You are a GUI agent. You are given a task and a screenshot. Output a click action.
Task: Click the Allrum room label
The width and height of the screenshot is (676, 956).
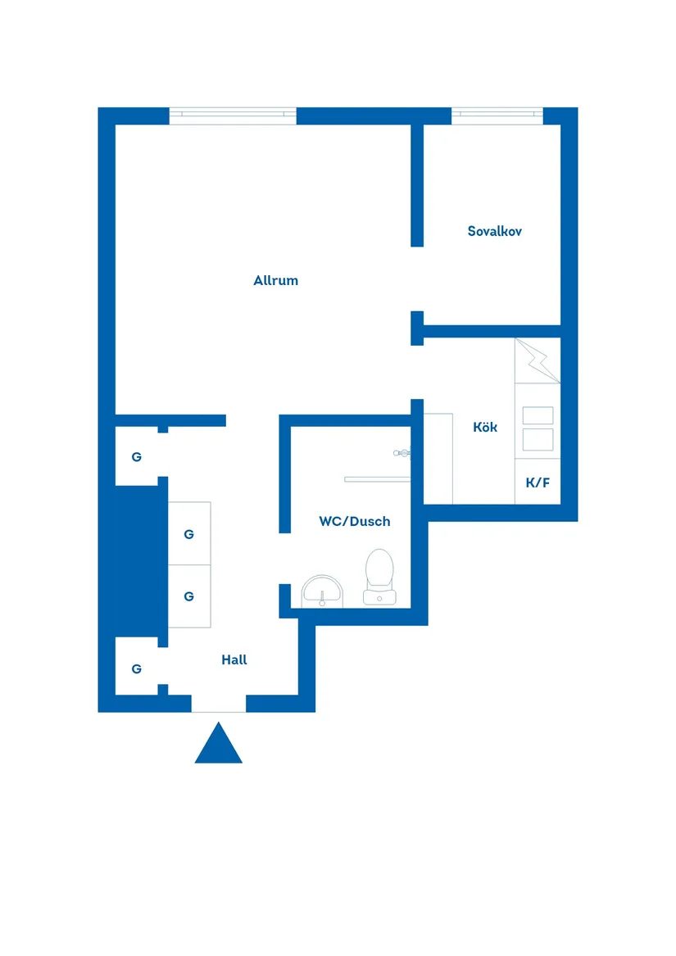coord(275,280)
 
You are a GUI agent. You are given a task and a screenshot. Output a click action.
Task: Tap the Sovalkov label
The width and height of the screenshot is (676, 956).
coord(494,231)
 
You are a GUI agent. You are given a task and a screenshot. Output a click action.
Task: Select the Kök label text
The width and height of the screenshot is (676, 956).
coord(485,427)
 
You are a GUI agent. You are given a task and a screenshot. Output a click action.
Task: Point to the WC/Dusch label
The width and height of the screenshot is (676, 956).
coord(354,521)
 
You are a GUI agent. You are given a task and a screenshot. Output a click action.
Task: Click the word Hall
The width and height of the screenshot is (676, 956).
coord(234,659)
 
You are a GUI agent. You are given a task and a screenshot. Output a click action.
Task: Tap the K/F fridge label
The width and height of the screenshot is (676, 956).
coord(538,483)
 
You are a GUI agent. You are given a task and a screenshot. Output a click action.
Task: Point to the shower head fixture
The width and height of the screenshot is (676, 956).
coord(402,452)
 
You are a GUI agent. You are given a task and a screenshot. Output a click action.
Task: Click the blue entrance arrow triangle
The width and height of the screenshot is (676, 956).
coord(218,745)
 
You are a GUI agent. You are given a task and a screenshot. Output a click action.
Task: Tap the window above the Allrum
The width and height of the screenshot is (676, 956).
coord(233,116)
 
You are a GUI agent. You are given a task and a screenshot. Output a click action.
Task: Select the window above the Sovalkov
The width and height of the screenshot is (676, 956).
coord(497,116)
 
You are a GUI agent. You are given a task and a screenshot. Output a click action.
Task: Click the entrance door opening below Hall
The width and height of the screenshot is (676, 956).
coord(219,704)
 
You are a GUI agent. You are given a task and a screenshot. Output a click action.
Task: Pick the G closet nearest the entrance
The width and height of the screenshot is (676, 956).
coord(136,668)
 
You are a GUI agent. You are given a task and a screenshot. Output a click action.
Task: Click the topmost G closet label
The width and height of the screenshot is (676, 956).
coord(136,457)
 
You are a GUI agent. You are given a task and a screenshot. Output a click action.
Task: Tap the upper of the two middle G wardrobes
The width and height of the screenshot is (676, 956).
coord(188,534)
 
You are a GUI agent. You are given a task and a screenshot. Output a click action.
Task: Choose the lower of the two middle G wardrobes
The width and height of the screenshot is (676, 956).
coord(188,596)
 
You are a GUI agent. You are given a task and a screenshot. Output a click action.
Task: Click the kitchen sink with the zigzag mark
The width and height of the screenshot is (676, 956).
coord(537,360)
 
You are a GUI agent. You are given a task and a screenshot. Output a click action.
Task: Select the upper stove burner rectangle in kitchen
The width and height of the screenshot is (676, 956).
coord(538,416)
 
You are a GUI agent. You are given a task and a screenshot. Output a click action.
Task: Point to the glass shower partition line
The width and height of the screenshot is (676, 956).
coord(376,478)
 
